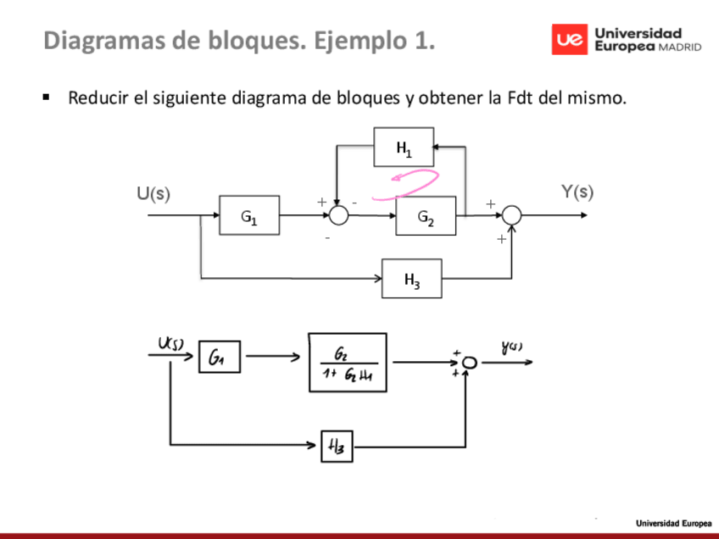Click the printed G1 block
[248, 215]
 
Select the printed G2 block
[426, 216]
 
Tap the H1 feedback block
[404, 147]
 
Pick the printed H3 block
[411, 278]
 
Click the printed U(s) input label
[153, 194]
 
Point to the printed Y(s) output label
[577, 192]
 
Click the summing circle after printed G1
[338, 215]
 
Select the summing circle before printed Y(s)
[511, 216]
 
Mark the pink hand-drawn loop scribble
[414, 180]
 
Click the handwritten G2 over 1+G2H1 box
[347, 363]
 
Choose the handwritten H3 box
[337, 445]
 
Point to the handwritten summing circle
[470, 363]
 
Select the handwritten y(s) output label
[511, 346]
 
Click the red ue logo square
[569, 40]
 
